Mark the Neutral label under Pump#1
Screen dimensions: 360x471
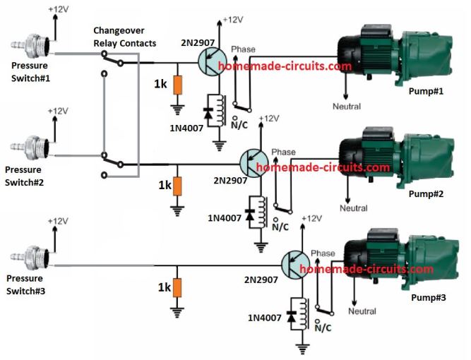346,107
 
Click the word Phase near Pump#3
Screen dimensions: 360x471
323,253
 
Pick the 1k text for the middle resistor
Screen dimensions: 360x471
164,186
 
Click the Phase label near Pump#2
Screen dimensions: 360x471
283,152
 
